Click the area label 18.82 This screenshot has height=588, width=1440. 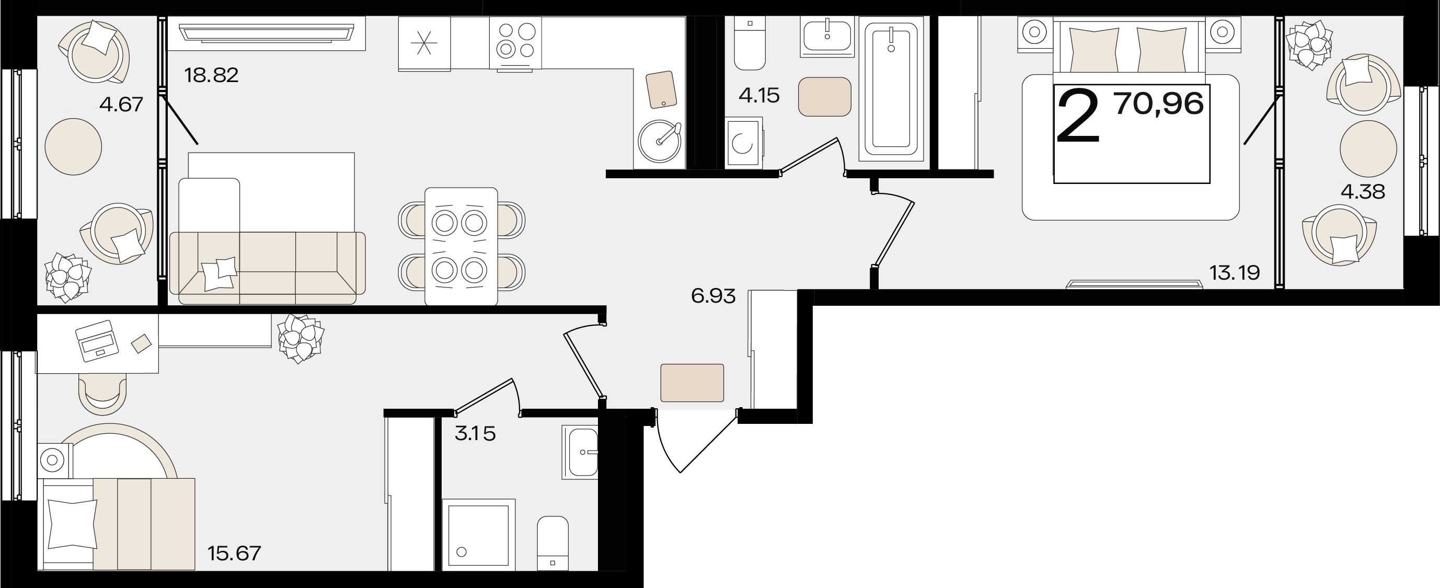[211, 75]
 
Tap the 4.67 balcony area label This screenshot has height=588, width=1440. [121, 105]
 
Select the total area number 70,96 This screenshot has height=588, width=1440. [1159, 104]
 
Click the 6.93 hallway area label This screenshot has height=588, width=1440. [713, 296]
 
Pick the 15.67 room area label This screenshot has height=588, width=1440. [234, 554]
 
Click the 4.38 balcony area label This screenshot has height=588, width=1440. [1363, 192]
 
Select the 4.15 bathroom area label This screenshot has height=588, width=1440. [759, 96]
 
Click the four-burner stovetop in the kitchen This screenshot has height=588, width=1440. [516, 44]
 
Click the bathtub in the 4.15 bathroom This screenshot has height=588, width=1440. [891, 88]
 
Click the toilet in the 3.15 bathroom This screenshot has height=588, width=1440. [553, 543]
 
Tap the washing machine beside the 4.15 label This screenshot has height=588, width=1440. [744, 143]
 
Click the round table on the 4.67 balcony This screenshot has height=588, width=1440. [73, 146]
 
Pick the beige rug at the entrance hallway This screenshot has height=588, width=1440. [692, 383]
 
